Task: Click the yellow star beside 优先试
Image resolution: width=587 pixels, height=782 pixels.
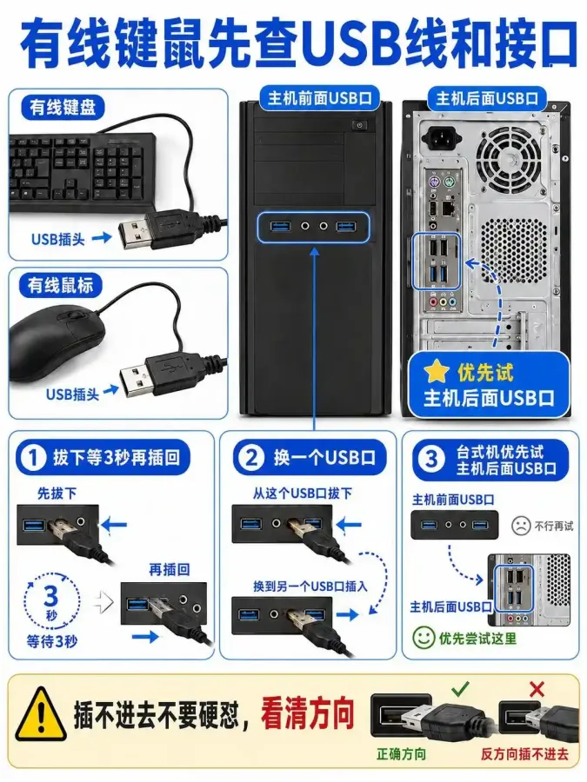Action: (x=436, y=372)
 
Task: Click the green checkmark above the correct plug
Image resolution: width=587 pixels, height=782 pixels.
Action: (x=460, y=689)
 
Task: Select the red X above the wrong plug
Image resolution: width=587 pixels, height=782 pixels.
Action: (x=537, y=690)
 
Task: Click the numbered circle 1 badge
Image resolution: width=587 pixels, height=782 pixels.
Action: (x=34, y=457)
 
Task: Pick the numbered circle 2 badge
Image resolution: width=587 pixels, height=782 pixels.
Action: (x=251, y=457)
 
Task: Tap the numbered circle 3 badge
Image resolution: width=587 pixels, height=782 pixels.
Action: (x=431, y=460)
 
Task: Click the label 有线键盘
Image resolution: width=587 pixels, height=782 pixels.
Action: (x=63, y=107)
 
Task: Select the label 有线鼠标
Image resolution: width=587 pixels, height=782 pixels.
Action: (x=60, y=285)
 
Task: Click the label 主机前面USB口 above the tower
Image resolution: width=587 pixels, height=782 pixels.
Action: (x=320, y=98)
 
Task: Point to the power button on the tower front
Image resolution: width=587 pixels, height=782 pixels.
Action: (x=359, y=124)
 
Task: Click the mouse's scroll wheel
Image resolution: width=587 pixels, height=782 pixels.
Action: (x=75, y=315)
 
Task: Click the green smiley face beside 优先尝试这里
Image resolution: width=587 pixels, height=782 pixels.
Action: (x=424, y=638)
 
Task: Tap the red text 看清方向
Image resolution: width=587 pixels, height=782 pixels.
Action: (x=307, y=713)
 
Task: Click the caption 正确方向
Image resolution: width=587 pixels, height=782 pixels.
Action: (x=401, y=753)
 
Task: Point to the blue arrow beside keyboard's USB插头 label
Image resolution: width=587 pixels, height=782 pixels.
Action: (x=102, y=237)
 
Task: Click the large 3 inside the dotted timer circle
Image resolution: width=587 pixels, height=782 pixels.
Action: (x=51, y=595)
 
